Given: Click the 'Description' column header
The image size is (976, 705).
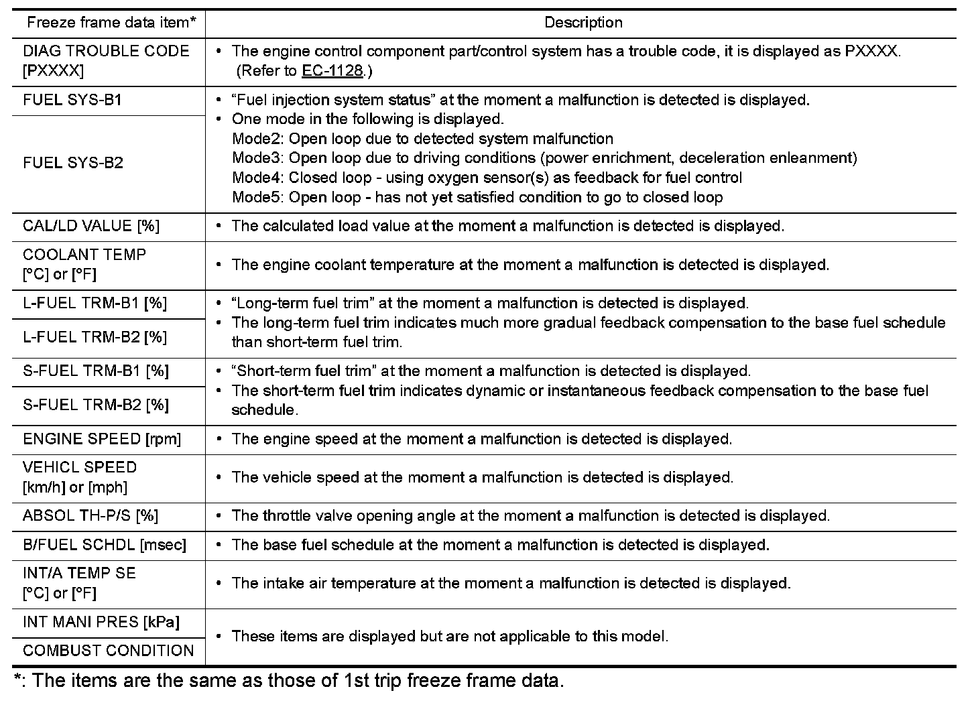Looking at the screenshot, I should point(583,23).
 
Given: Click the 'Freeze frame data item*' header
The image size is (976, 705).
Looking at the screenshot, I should point(111,23).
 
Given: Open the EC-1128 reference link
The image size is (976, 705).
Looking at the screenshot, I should point(332,71).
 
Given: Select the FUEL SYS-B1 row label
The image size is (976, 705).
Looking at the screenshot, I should point(72,101).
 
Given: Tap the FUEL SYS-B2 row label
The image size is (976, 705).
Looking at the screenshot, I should point(73,164).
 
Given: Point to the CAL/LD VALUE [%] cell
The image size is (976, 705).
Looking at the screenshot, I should point(91,226).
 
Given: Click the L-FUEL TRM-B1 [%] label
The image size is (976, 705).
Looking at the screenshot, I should point(95,304).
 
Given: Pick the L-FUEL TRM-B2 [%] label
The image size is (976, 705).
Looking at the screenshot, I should point(95,337).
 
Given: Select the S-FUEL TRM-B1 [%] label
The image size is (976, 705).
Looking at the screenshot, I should point(96,371).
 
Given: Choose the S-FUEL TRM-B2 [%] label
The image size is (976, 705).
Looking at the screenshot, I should point(96,405).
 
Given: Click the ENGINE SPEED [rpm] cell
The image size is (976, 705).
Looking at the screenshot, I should point(102,440).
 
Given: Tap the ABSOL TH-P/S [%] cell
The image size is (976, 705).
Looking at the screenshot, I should point(90,516).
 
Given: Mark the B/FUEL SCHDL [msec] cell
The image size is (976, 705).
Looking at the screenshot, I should point(105,545).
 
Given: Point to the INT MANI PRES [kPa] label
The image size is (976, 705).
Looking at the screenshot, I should point(101,622).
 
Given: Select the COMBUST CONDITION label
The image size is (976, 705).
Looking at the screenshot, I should point(108,651).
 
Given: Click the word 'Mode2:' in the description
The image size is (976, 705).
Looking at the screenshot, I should point(258,139).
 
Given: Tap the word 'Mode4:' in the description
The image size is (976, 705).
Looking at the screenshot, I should point(258,178).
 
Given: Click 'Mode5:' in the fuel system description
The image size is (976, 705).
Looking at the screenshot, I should point(258,198).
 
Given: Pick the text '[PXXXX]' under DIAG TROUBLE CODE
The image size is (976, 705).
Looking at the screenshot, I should point(53,71).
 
